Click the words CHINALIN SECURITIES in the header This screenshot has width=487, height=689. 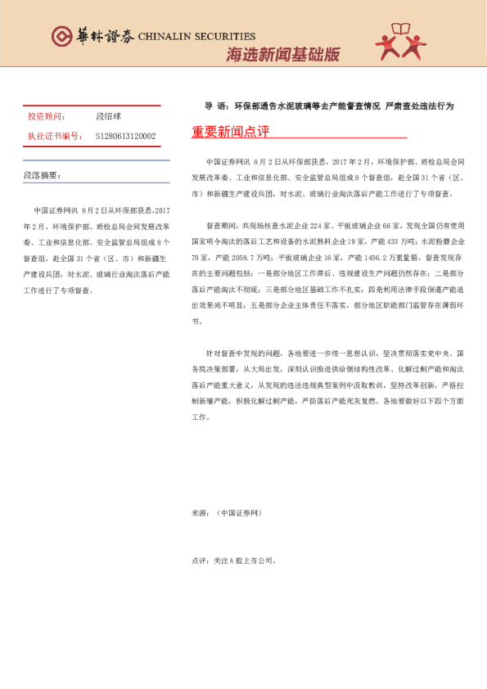196,36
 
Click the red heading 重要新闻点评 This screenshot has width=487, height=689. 230,132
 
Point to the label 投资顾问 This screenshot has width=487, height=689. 47,118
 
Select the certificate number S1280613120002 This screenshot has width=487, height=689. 125,137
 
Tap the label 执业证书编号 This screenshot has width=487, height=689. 54,137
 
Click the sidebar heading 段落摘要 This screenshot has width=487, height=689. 42,176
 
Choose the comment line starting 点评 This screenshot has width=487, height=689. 234,561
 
